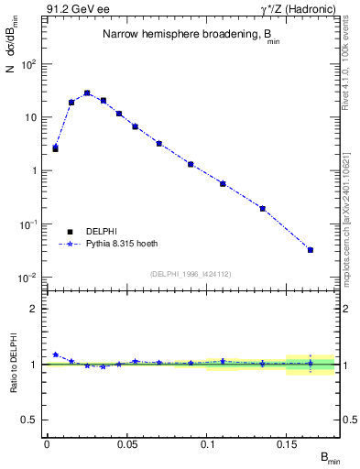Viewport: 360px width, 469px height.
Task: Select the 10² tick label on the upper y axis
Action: point(29,64)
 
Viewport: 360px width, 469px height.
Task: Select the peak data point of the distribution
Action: point(87,93)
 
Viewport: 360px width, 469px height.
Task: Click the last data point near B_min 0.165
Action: point(311,250)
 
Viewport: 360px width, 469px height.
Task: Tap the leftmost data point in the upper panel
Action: point(55,147)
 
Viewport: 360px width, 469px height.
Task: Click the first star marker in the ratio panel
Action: point(55,354)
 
